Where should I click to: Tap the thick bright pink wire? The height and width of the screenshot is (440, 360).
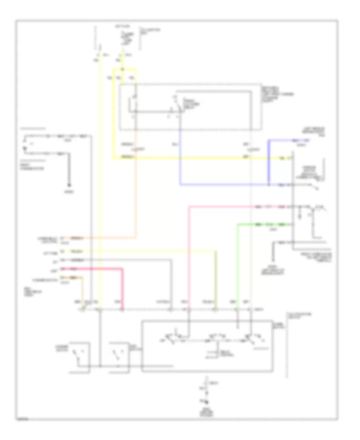[x=122, y=288]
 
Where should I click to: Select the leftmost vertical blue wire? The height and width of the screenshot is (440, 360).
[x=180, y=160]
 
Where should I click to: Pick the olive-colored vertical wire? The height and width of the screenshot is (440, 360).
[x=216, y=280]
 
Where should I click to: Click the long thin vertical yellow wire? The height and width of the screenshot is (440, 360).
[x=100, y=180]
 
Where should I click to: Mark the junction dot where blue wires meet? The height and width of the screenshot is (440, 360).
[x=269, y=185]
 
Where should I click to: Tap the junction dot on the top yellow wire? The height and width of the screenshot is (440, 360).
[x=122, y=69]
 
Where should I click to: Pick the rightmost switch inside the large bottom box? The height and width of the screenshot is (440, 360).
[x=252, y=339]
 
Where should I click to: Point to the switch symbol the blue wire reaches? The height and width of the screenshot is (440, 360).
[x=316, y=186]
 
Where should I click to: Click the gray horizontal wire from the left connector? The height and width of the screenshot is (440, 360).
[x=120, y=260]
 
